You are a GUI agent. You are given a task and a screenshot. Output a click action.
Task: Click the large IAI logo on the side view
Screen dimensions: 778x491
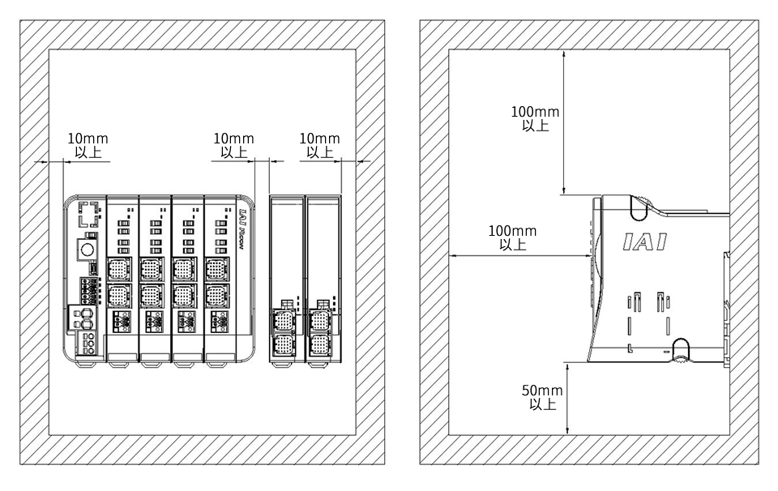click(x=644, y=241)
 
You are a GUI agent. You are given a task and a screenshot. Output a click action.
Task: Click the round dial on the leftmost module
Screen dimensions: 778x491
click(x=88, y=249)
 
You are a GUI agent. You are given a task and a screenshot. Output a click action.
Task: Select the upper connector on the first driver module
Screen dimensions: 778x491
click(x=119, y=270)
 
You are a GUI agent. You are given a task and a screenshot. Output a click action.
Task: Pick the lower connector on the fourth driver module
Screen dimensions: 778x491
click(x=217, y=297)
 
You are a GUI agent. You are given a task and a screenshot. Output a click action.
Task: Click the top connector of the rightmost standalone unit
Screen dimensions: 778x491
click(x=320, y=320)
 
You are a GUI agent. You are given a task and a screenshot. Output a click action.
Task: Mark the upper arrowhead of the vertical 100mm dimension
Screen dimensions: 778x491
click(x=564, y=53)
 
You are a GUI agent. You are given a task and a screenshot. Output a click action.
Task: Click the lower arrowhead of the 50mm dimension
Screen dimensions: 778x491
click(x=567, y=432)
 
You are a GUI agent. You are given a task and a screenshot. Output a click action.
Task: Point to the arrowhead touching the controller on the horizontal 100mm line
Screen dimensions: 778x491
click(x=589, y=256)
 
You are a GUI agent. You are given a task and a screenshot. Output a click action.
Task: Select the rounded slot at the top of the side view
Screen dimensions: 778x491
click(x=639, y=207)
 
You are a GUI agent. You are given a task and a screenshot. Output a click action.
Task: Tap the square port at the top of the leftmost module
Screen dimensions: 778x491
click(x=88, y=214)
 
